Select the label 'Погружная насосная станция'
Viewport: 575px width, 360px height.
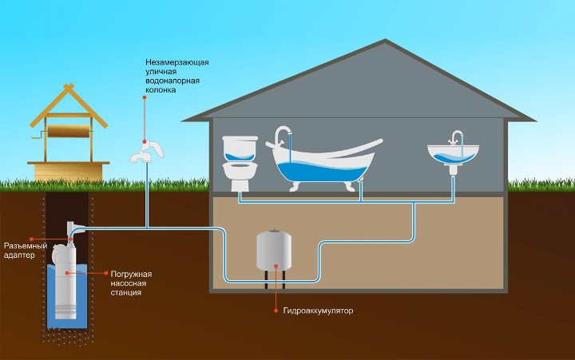[x=131, y=283]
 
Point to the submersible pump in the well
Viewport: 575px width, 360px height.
[x=64, y=283]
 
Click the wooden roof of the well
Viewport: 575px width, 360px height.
[x=69, y=108]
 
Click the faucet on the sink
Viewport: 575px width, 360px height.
[x=456, y=137]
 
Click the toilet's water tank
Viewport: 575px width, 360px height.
[x=239, y=146]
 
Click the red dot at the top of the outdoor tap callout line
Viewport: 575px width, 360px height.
[x=145, y=97]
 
